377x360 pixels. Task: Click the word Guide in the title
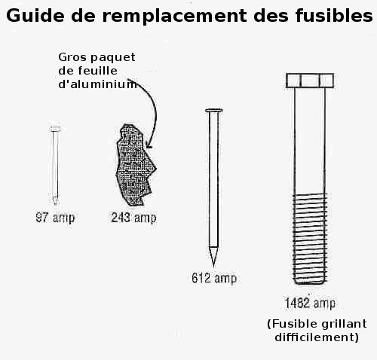pos(35,15)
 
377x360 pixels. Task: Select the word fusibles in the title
pos(334,15)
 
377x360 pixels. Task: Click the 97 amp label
pos(55,218)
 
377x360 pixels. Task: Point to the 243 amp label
pos(133,218)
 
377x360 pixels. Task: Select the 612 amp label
pos(214,278)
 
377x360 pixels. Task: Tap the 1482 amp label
pos(310,303)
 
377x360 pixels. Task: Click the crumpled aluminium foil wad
pos(134,165)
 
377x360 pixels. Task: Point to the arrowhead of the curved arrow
pos(149,145)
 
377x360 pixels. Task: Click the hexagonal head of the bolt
pos(310,81)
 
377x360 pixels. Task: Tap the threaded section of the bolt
pos(310,239)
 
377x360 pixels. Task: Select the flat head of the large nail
pos(214,110)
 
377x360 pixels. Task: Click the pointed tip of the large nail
pos(213,266)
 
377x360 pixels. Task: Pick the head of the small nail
pos(55,129)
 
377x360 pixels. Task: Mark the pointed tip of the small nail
pos(55,204)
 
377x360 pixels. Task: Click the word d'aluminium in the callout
pos(98,84)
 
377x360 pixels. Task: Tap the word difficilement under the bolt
pos(317,337)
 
